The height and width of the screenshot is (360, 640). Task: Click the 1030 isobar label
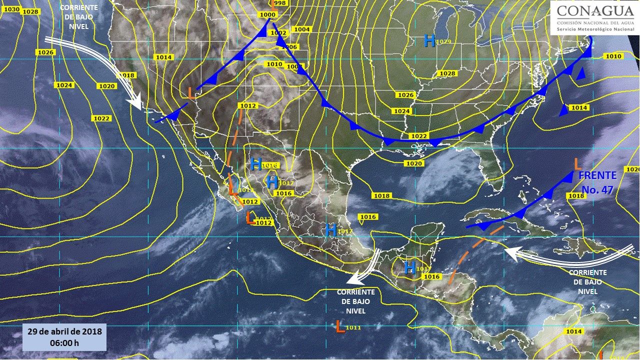[x=11, y=9]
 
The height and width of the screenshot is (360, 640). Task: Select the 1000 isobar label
[x=267, y=14]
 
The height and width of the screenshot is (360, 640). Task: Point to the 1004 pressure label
[x=301, y=29]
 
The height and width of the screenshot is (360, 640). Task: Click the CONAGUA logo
[x=594, y=18]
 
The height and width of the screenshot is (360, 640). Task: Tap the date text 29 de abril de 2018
[x=65, y=332]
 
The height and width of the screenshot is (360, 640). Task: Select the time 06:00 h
[x=65, y=343]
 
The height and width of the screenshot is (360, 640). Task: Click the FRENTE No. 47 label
[x=597, y=181]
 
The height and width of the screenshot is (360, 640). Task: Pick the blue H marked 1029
[x=429, y=40]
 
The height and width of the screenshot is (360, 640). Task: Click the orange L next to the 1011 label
[x=340, y=327]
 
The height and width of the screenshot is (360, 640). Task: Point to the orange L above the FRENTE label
[x=576, y=163]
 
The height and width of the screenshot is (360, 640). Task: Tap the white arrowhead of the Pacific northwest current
[x=134, y=103]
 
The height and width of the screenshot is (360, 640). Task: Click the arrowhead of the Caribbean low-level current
[x=510, y=253]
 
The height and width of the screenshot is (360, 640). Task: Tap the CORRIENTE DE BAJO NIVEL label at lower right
[x=587, y=282]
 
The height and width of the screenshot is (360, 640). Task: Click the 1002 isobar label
[x=278, y=33]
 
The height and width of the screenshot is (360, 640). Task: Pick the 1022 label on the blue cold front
[x=419, y=136]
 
